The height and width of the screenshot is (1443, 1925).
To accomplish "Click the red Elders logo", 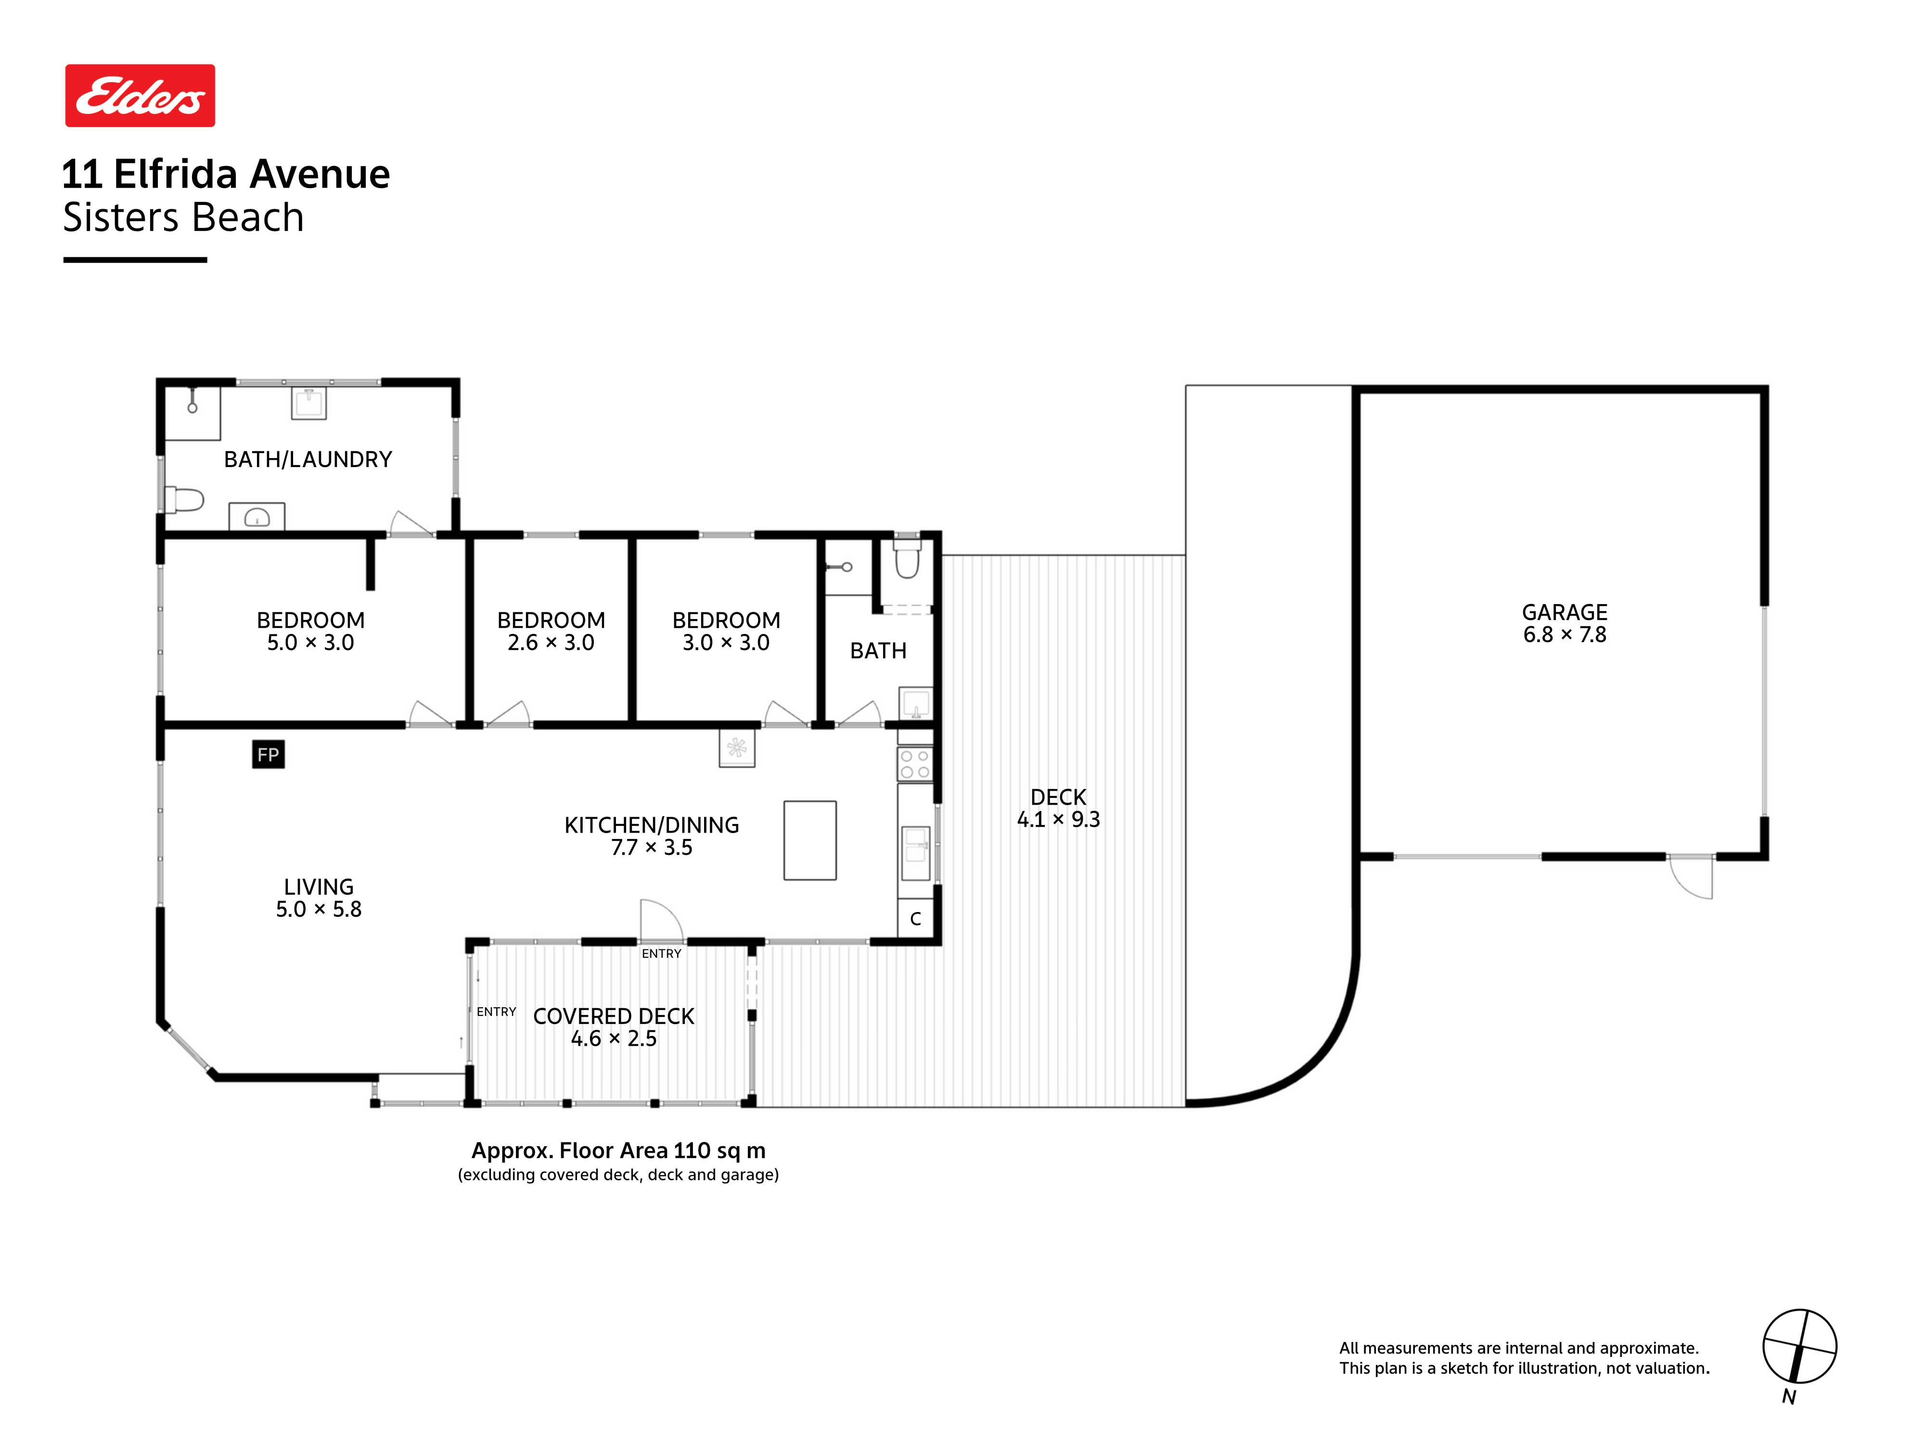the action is point(140,96).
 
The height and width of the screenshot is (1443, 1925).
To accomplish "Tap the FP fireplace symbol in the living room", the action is point(268,754).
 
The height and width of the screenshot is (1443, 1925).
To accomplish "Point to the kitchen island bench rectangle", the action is point(809,840).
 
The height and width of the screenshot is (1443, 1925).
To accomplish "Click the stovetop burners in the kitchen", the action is point(915,764).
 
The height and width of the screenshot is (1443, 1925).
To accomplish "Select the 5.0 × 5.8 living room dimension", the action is point(319,909).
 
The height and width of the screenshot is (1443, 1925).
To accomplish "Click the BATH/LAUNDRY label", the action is point(308,459).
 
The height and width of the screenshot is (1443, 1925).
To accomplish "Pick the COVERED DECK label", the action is point(614,1016).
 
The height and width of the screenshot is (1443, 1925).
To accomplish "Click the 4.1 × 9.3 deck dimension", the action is point(1058,819).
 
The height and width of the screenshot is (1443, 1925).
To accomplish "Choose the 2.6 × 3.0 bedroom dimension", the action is point(551,642).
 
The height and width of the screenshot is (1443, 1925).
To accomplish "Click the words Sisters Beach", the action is point(184,217).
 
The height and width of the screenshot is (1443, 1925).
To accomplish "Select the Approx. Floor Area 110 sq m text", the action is point(619,1150).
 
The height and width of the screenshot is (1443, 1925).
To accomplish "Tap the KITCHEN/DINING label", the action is point(652,824).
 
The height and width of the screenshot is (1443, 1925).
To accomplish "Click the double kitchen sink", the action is point(915,853).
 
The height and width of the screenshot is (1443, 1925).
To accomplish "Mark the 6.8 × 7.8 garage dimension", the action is point(1564,635).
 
